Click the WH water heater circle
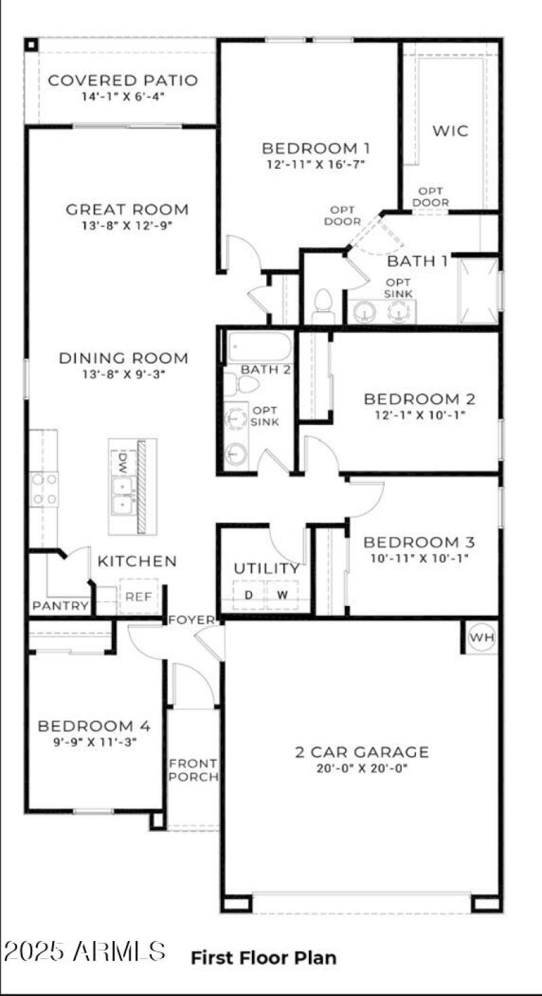(482, 638)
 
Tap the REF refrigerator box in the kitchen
(139, 597)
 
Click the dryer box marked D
(249, 595)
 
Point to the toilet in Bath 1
(324, 304)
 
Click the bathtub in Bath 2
(259, 347)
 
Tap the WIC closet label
(451, 131)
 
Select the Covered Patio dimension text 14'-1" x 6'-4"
(123, 96)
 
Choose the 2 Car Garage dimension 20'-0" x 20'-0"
(362, 769)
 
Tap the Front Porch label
(193, 769)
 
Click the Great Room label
(127, 210)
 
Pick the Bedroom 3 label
(419, 542)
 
